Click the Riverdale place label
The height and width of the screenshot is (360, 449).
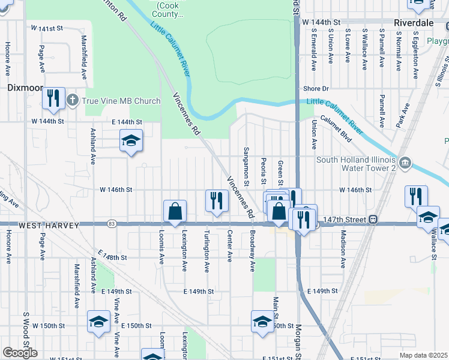click(x=414, y=22)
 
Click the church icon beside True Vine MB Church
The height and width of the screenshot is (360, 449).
click(x=73, y=100)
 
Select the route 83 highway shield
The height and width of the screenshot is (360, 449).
click(x=112, y=224)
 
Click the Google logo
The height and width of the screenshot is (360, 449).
click(x=20, y=353)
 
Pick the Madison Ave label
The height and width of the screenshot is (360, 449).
click(x=343, y=249)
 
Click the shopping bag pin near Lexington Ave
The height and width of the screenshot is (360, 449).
click(x=175, y=212)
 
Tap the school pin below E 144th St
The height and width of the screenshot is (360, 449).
click(x=131, y=142)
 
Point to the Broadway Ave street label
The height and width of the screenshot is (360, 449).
click(x=253, y=250)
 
